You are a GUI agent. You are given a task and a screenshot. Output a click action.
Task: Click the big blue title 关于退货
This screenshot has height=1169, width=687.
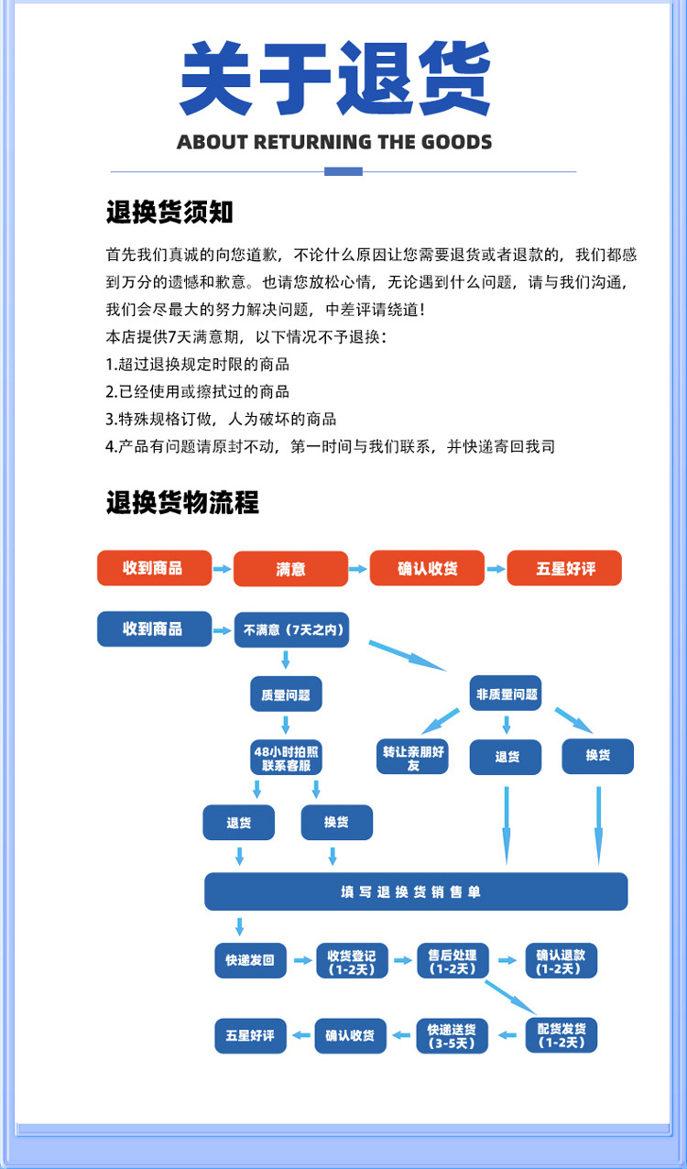coord(335,80)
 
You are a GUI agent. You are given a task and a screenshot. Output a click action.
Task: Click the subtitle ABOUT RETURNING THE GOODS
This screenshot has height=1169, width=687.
coord(334,142)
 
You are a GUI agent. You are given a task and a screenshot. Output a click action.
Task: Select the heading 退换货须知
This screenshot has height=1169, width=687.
coord(169,213)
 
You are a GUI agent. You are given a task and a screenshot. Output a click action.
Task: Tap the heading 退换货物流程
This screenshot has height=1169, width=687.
coord(182,502)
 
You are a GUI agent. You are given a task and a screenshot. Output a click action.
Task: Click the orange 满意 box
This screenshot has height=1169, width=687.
coord(290,569)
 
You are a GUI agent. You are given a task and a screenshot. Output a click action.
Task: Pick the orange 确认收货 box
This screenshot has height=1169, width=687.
coord(427,568)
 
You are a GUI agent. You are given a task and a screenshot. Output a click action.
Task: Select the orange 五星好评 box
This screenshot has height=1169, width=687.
coord(564,569)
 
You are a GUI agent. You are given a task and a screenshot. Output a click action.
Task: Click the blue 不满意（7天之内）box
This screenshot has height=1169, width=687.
coord(290,630)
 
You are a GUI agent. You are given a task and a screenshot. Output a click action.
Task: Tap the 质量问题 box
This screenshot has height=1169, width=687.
coord(286,695)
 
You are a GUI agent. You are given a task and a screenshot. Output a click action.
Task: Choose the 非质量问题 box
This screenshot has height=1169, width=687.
coord(506,694)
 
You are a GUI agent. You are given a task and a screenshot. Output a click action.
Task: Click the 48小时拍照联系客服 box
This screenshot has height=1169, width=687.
coord(286,758)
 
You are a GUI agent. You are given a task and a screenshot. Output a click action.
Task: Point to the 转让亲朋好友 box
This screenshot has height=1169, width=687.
coord(413,758)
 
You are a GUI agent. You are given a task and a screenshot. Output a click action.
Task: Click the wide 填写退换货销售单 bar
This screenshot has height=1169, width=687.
coord(416,891)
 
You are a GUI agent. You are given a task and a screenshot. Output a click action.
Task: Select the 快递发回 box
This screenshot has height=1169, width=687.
coord(250,961)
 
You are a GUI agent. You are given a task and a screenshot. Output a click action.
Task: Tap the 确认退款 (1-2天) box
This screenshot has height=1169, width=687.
coord(561,961)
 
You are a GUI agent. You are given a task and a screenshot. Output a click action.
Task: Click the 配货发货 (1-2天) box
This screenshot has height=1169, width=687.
coord(562,1035)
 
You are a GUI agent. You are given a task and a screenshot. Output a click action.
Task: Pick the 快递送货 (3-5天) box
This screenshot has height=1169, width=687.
coord(452,1035)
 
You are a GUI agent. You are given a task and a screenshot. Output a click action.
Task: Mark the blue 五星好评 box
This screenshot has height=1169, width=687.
coord(250,1035)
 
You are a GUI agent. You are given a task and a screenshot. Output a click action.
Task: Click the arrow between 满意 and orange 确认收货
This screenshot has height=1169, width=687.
coord(358,569)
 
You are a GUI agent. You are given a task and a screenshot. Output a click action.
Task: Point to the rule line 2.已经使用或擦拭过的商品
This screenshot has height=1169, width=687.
coord(198,391)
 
